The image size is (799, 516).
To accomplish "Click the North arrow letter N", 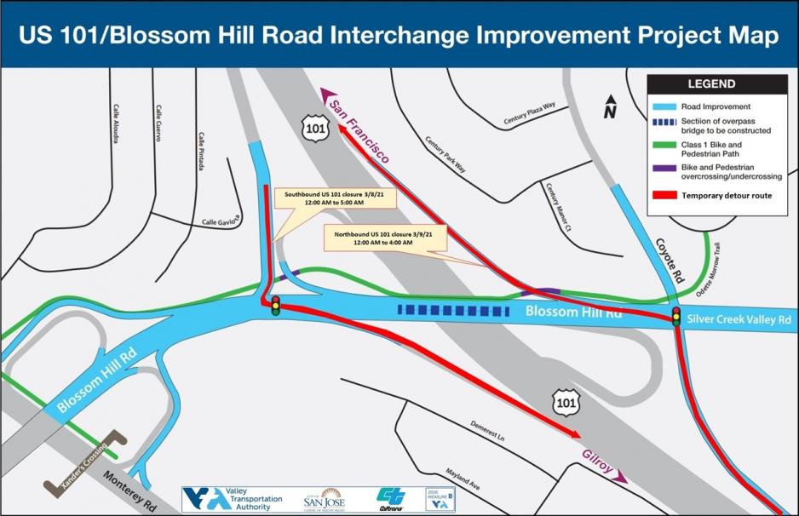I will [610, 111].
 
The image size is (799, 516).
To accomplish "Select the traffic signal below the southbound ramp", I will [275, 305].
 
